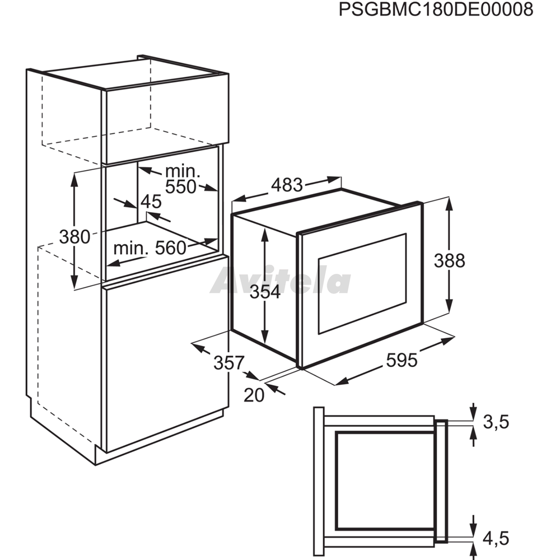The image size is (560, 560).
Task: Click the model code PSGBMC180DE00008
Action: pos(436,10)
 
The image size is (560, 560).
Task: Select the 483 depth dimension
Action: pos(287,185)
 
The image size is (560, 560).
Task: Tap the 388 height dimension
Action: pos(449,261)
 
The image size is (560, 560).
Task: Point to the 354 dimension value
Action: pos(265,292)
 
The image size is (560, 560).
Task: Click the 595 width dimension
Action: pos(402,360)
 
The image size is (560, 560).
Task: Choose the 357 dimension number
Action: pos(229,363)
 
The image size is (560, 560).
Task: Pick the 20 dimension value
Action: pos(254,395)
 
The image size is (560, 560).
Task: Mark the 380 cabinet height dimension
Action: pos(75,237)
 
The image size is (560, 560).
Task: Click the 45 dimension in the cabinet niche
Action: pos(151,202)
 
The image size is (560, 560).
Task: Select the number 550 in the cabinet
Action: pos(181,187)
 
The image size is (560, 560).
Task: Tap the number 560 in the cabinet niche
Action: pos(171,248)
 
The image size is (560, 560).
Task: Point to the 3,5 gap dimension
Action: pos(496,422)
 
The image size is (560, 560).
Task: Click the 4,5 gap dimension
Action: pos(496,538)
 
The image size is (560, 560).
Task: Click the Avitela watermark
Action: pos(281,281)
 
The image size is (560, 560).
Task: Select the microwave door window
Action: pos(362,284)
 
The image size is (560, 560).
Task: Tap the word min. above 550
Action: pos(183,172)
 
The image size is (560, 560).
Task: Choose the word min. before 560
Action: pos(131,248)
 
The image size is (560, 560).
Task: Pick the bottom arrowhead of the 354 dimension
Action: pos(264,338)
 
